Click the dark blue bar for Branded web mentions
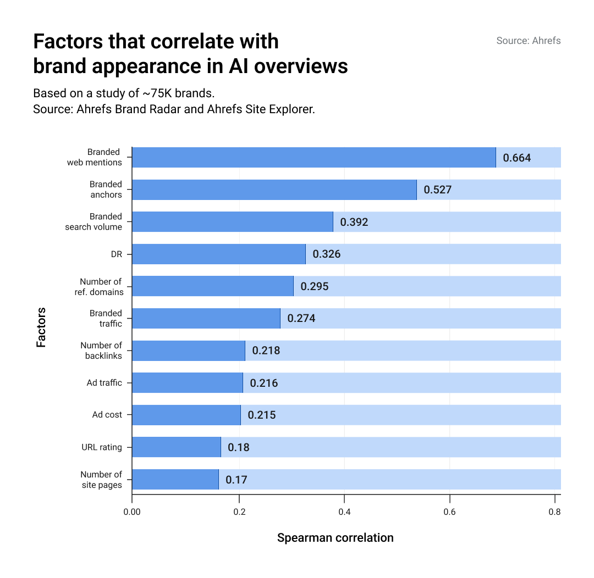(x=313, y=158)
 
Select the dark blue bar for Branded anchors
(x=274, y=190)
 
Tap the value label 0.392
(x=354, y=223)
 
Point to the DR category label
(x=116, y=254)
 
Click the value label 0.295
(x=314, y=286)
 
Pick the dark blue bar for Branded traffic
(x=206, y=318)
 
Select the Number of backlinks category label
(x=101, y=351)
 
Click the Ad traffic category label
(x=104, y=383)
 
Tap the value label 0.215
(x=261, y=415)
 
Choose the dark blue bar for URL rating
(x=176, y=447)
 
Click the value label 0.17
(x=236, y=480)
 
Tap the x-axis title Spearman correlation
(x=335, y=538)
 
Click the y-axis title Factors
(x=41, y=327)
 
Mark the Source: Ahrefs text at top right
(x=528, y=41)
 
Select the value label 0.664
(x=517, y=158)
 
